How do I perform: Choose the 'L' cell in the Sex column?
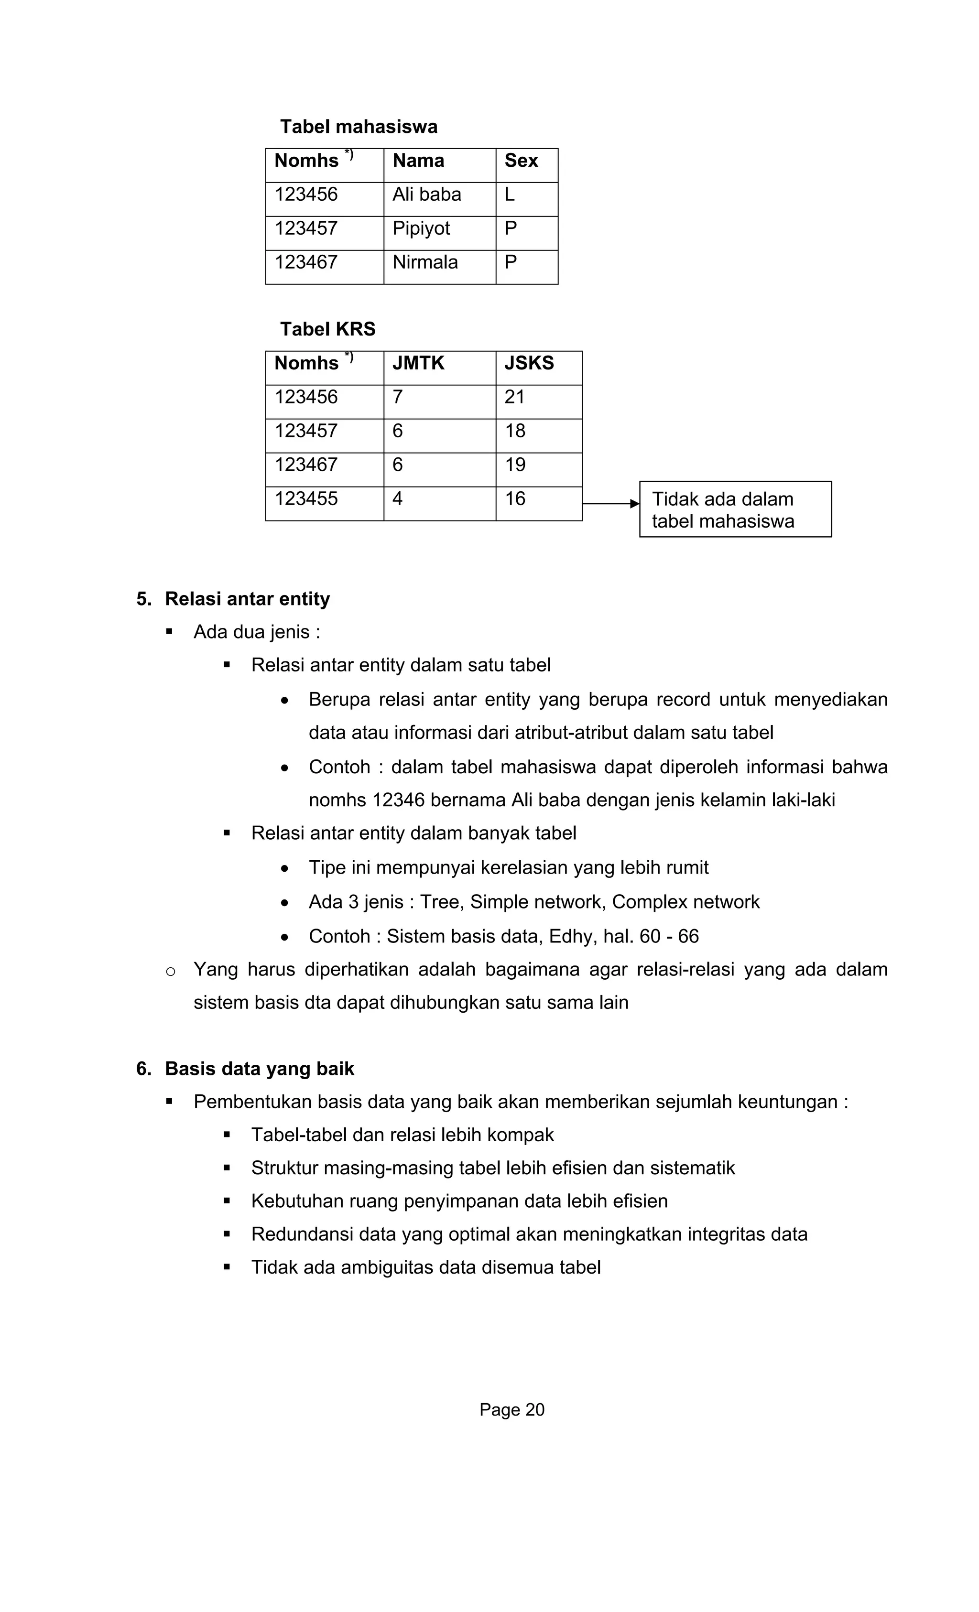click(510, 195)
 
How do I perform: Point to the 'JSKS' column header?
click(529, 363)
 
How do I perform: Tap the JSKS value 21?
click(514, 397)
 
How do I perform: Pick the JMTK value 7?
click(397, 397)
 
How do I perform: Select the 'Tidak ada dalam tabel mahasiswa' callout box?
click(735, 509)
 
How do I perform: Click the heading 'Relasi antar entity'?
click(247, 599)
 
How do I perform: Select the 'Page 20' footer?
click(512, 1410)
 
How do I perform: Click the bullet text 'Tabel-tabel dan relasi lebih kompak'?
click(402, 1135)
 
